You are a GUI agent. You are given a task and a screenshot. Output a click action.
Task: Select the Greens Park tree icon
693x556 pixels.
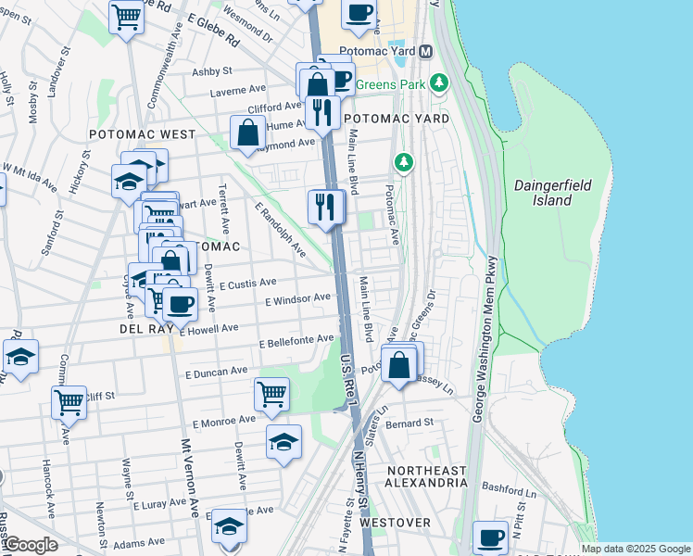tap(441, 82)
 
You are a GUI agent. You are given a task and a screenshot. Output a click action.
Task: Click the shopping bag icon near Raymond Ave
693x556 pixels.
tap(248, 132)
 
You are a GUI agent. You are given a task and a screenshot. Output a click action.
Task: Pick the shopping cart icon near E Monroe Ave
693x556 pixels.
tap(271, 393)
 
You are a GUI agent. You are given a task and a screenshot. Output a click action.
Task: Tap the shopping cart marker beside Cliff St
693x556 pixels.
tap(69, 401)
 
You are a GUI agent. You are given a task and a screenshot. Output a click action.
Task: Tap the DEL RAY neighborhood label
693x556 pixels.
tap(142, 329)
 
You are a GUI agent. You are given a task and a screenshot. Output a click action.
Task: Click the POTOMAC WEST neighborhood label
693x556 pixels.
tap(142, 134)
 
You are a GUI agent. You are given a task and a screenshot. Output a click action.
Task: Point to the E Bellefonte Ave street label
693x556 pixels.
tap(296, 342)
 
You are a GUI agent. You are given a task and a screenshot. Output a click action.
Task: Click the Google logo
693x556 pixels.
tap(30, 545)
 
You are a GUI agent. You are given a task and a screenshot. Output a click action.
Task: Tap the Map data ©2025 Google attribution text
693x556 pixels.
tap(635, 549)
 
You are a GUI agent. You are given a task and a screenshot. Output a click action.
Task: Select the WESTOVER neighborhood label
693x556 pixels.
tap(396, 523)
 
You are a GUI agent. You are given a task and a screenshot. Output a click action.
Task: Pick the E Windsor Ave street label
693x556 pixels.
tap(297, 299)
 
